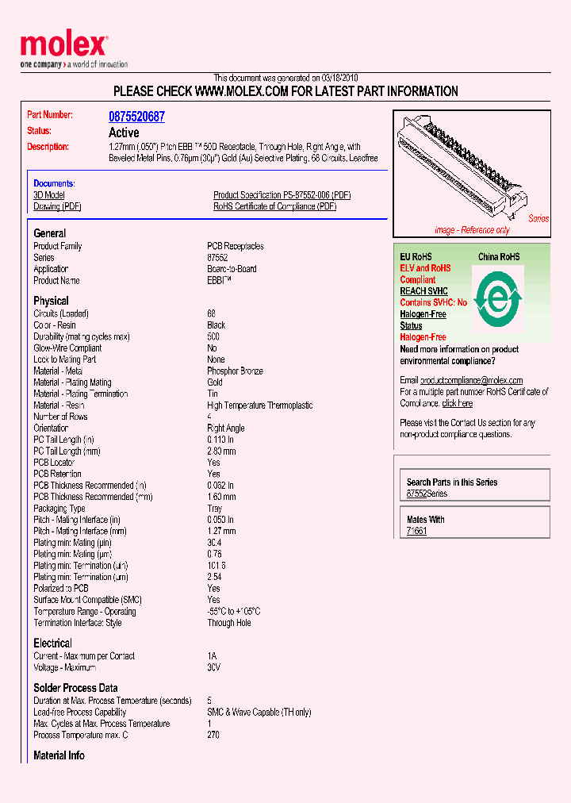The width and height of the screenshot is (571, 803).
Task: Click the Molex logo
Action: [63, 46]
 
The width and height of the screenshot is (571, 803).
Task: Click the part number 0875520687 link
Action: [136, 117]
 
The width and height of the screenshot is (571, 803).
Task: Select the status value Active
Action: [123, 133]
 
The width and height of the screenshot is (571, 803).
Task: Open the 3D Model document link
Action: [49, 195]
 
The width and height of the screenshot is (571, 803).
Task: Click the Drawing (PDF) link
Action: [56, 206]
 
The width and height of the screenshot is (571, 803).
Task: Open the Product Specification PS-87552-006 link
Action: [282, 195]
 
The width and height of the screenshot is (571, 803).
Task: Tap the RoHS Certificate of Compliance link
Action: [274, 206]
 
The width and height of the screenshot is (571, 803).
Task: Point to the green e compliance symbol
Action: [497, 298]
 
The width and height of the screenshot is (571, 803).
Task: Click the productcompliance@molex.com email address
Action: [471, 380]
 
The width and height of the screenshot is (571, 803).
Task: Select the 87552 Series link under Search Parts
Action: [427, 494]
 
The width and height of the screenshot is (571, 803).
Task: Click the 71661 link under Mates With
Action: [416, 531]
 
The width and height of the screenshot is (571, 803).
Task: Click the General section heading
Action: [50, 233]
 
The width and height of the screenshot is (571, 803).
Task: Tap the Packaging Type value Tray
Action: [215, 509]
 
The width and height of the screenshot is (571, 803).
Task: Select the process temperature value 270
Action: [213, 735]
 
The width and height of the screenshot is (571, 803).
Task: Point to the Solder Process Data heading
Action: [75, 688]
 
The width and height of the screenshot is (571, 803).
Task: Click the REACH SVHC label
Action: [423, 291]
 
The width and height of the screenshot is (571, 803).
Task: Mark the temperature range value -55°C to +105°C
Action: [233, 612]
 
